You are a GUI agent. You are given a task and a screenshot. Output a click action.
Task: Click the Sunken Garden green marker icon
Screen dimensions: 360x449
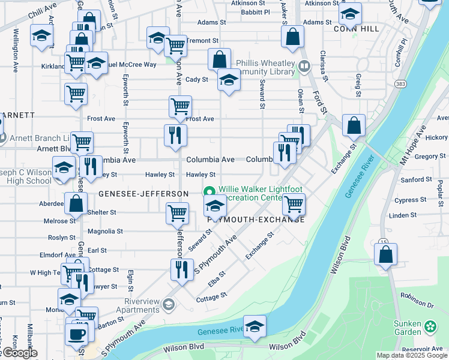click(430, 326)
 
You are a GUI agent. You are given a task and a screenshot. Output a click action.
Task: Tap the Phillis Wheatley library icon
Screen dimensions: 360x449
click(304, 67)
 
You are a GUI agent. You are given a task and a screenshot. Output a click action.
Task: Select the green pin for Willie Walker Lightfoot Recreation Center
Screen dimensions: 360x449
click(211, 192)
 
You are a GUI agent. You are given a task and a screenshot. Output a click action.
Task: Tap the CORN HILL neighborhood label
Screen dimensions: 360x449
click(357, 28)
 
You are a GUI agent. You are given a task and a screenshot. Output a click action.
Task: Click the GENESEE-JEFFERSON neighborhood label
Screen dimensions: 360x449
click(143, 194)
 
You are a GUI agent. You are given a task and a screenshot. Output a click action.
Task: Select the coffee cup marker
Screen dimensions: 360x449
click(77, 334)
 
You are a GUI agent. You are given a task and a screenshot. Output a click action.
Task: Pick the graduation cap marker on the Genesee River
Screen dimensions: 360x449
click(255, 328)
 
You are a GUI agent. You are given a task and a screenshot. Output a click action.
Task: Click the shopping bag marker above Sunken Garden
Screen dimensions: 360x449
click(385, 254)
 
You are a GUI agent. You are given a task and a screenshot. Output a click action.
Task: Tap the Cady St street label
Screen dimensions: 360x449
click(196, 79)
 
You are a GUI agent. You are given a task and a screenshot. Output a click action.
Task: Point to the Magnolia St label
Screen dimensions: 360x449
click(105, 230)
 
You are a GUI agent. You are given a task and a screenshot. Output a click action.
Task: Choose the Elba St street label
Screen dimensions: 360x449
click(217, 278)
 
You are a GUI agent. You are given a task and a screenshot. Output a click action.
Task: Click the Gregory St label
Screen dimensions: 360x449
click(430, 156)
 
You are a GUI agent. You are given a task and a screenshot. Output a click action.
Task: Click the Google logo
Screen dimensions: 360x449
click(19, 353)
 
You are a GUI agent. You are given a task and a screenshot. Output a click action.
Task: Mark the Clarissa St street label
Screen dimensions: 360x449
click(324, 65)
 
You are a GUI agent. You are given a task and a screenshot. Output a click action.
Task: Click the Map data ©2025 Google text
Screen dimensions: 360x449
click(412, 356)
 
